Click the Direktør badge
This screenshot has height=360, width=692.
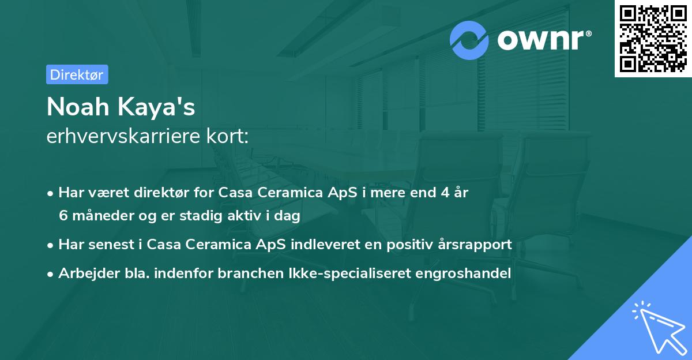tap(77, 74)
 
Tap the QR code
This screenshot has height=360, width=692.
tap(652, 38)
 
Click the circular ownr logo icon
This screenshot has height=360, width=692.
tap(469, 40)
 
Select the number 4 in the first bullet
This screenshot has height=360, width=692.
tap(445, 193)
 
